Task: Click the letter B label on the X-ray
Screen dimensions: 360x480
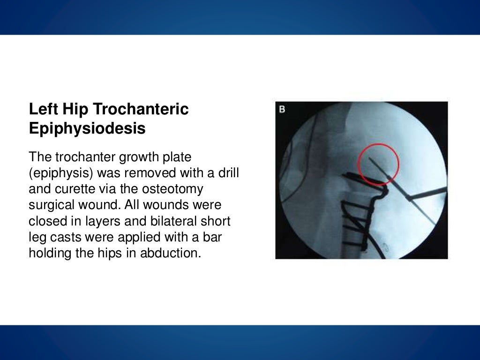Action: [282, 110]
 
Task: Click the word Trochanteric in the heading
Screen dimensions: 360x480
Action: [141, 109]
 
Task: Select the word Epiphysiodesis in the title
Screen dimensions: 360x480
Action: [87, 128]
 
